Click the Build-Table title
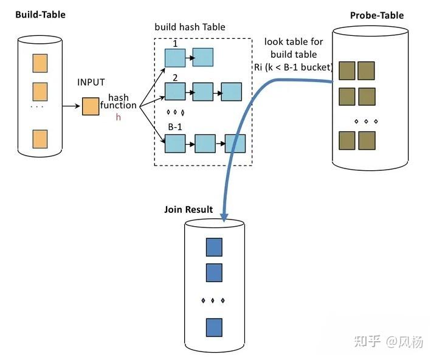pos(40,14)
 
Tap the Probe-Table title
pos(377,15)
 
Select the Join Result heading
pos(188,210)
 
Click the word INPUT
pos(91,83)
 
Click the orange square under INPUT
pos(90,106)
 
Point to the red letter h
pos(119,117)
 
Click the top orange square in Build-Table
pos(40,63)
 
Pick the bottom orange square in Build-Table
pos(40,138)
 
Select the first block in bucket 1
pos(175,58)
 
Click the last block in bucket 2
pos(231,91)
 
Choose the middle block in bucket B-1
pos(205,144)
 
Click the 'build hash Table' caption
pos(190,27)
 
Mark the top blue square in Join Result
pos(214,247)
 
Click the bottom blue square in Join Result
pos(214,327)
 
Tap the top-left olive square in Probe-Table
pos(347,71)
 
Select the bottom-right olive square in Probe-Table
pos(367,140)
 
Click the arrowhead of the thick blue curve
pos(223,216)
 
